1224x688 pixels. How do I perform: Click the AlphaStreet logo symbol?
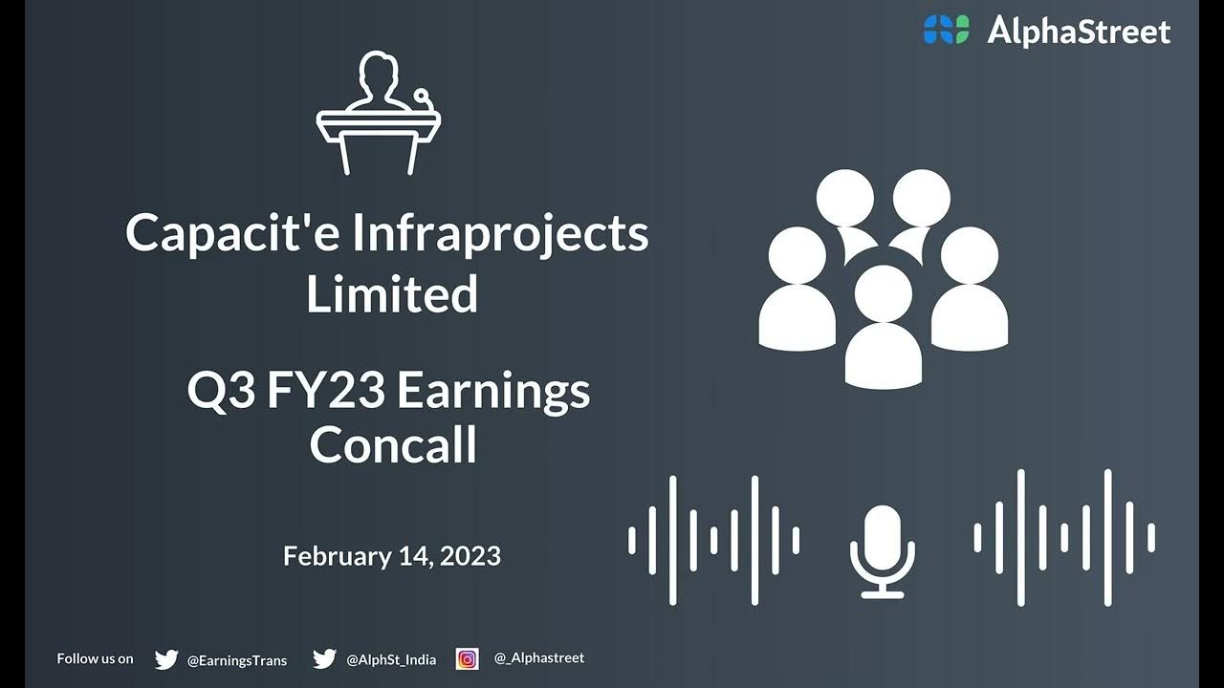[946, 30]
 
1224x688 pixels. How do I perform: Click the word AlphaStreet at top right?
[1079, 32]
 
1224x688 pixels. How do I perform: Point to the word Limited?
[392, 293]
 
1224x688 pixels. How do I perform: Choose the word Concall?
[393, 445]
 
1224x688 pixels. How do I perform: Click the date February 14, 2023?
[392, 556]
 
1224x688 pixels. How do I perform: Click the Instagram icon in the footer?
[467, 658]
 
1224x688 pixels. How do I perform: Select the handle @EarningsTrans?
[236, 660]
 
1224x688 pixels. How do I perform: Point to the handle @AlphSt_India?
[391, 660]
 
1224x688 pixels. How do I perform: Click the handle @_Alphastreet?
[539, 658]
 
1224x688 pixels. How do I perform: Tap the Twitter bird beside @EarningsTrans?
[166, 659]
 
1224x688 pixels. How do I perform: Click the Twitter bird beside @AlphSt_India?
[324, 659]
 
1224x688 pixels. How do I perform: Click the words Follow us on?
[95, 658]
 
